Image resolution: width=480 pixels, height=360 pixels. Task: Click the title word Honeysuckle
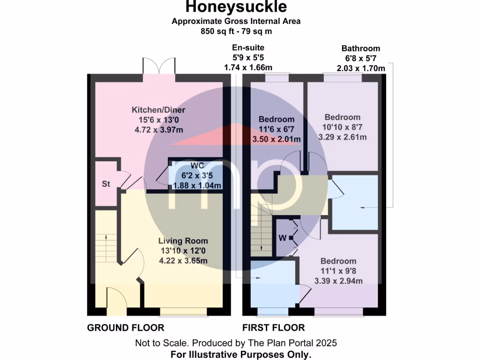tap(236, 7)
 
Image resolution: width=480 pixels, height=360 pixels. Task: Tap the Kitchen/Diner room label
tap(158, 110)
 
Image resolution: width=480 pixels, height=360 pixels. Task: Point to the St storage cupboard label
tap(106, 184)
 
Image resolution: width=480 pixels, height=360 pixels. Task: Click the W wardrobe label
tap(282, 238)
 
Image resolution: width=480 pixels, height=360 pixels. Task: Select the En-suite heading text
tap(248, 47)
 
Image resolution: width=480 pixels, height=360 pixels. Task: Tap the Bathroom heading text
tap(360, 48)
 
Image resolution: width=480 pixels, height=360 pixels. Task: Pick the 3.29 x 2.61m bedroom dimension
tap(343, 137)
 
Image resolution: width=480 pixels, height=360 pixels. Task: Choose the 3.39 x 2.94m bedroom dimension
tap(338, 281)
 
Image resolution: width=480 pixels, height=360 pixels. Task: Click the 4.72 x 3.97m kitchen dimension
tap(158, 130)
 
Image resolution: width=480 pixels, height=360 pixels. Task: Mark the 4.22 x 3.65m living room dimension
tap(183, 261)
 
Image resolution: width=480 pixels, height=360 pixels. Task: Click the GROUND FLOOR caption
tap(126, 328)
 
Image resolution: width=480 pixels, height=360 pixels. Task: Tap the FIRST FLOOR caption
tap(273, 328)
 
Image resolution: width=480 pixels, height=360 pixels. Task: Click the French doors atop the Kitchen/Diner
tap(159, 67)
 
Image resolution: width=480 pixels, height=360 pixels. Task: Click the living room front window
tap(183, 311)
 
